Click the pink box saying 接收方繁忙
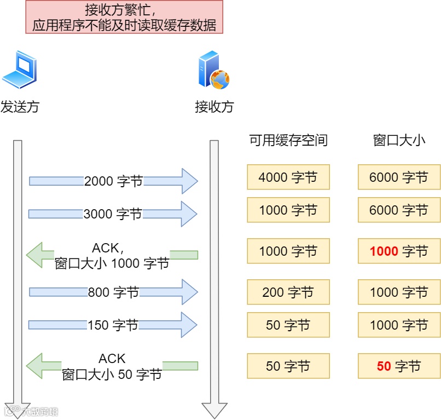[124, 17]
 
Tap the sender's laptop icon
[20, 70]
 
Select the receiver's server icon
[212, 70]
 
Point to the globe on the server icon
[220, 79]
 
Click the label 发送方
[20, 106]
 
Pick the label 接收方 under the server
[214, 106]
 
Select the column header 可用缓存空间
[288, 141]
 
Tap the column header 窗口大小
[399, 141]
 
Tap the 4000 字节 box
[288, 177]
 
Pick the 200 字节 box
[288, 292]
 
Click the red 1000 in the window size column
[384, 252]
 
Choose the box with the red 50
[399, 366]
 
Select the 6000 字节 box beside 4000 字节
[399, 177]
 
